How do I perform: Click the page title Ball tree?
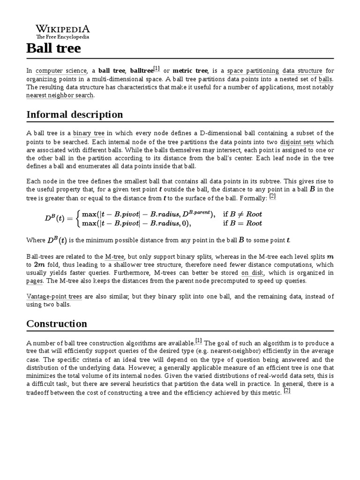53,48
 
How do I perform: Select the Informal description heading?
75,114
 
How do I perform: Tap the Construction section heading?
57,323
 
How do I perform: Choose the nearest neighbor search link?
60,95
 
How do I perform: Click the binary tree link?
89,134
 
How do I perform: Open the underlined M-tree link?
114,256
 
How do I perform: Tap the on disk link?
252,272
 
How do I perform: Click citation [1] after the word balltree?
157,69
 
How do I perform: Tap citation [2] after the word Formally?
272,197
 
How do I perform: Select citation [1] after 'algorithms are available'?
198,341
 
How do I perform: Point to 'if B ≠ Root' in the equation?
242,214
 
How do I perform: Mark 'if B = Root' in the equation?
242,224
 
